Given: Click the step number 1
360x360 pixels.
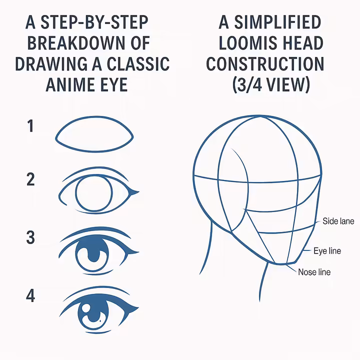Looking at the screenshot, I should [x=31, y=126].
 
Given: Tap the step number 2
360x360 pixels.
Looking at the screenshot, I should [x=31, y=179].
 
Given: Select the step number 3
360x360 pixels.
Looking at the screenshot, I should [x=31, y=237].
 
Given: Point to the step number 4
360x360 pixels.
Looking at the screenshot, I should [x=31, y=296].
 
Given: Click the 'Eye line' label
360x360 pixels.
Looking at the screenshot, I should [x=327, y=250].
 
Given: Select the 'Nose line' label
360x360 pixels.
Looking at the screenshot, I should [x=314, y=272].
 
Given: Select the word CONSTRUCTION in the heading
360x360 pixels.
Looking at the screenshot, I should [x=265, y=64].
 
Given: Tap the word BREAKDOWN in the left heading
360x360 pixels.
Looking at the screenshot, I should [x=75, y=43].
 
